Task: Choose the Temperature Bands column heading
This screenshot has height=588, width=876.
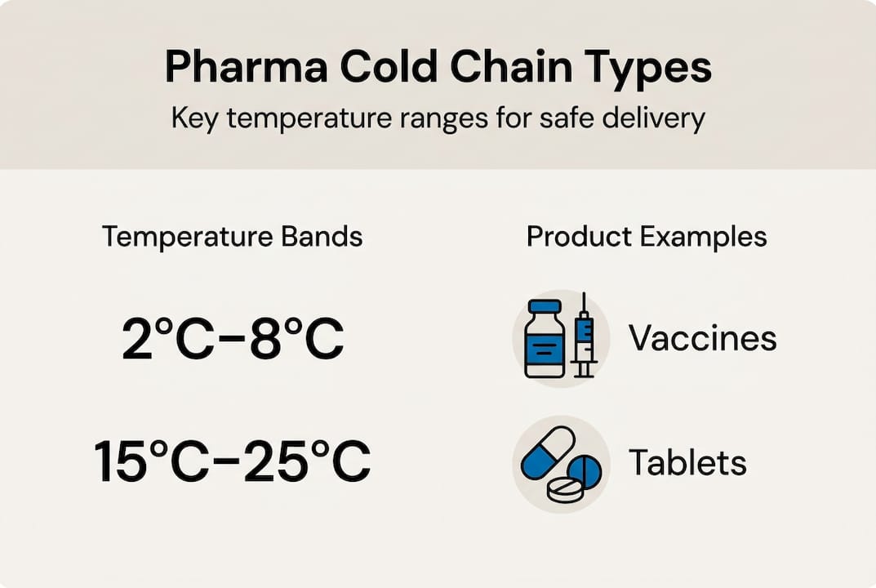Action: point(232,237)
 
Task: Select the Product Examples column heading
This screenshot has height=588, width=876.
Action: point(647,237)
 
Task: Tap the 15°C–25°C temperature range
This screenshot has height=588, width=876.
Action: point(233,461)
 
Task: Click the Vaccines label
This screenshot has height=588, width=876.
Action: point(702,338)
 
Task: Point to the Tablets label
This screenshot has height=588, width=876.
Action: point(687,463)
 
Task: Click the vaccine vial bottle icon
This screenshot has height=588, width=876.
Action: point(545,342)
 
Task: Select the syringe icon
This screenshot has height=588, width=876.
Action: point(584,336)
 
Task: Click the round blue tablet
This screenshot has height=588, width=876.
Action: point(585,472)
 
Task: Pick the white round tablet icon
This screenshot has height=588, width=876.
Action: point(567,489)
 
